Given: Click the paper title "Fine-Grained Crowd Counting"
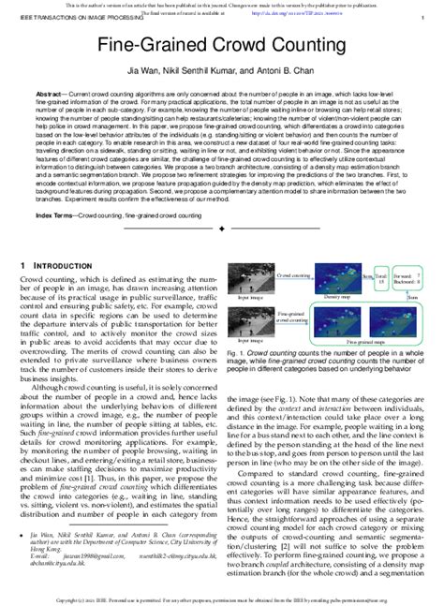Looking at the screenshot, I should point(221,45).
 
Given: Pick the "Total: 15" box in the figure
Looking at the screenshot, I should point(380,278).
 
